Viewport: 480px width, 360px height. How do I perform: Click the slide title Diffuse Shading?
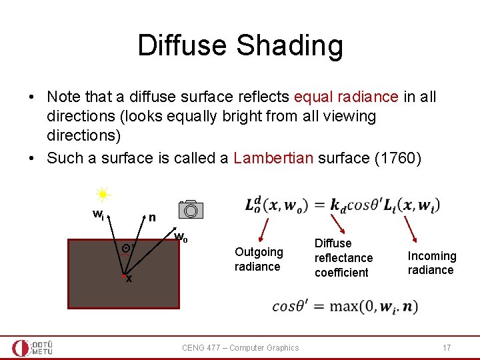point(240,45)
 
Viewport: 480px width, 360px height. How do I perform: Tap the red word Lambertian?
point(273,158)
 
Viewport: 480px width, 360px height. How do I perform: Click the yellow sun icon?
point(103,195)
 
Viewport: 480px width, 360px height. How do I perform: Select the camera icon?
point(191,210)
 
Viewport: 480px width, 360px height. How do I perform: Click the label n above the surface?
point(152,217)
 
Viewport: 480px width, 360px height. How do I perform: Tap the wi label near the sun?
point(97,215)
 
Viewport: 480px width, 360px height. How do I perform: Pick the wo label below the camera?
point(180,237)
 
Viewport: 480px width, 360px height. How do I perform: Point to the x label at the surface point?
point(129,279)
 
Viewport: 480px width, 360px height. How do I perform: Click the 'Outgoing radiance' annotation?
point(259,259)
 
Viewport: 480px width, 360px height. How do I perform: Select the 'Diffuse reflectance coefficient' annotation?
point(343,257)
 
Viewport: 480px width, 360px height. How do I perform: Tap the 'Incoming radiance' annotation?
point(432,263)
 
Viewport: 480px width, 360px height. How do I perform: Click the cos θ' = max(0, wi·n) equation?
point(345,307)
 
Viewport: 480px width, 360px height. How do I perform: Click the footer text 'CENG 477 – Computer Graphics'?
point(241,347)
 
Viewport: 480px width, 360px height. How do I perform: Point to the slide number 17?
point(447,347)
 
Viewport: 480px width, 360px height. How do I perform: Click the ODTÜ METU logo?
point(33,347)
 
